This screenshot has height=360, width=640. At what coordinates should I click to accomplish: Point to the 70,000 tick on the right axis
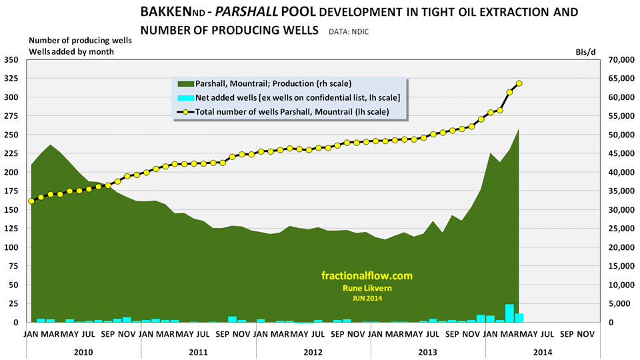(619, 59)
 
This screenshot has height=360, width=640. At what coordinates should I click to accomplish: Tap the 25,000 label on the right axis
(619, 247)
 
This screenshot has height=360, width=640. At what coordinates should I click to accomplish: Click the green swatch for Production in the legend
(184, 83)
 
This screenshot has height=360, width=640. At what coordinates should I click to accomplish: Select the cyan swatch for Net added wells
(184, 97)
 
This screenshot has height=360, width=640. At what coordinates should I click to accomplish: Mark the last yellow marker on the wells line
(519, 83)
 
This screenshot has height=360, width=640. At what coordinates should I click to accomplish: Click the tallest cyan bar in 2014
(509, 313)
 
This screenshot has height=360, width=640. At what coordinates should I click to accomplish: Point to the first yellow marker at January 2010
(31, 201)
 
